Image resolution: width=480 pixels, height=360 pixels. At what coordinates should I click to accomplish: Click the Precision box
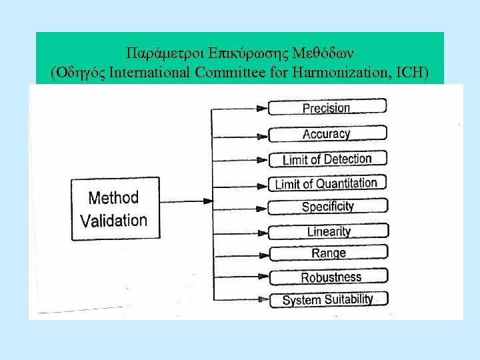click(327, 107)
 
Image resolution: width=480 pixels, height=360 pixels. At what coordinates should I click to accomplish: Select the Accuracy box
click(327, 133)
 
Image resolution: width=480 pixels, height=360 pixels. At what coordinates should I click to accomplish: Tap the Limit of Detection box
click(327, 159)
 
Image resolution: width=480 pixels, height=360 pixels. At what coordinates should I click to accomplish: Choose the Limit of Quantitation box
click(327, 183)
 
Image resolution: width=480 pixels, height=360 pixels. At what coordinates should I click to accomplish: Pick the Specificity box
click(327, 207)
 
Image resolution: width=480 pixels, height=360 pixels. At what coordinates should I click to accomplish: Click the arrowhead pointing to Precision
click(261, 108)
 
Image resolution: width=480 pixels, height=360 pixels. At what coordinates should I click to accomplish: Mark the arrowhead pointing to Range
click(261, 254)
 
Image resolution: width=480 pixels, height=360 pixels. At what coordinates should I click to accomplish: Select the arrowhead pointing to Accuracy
click(261, 135)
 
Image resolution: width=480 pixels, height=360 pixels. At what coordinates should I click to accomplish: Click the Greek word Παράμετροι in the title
click(155, 53)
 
